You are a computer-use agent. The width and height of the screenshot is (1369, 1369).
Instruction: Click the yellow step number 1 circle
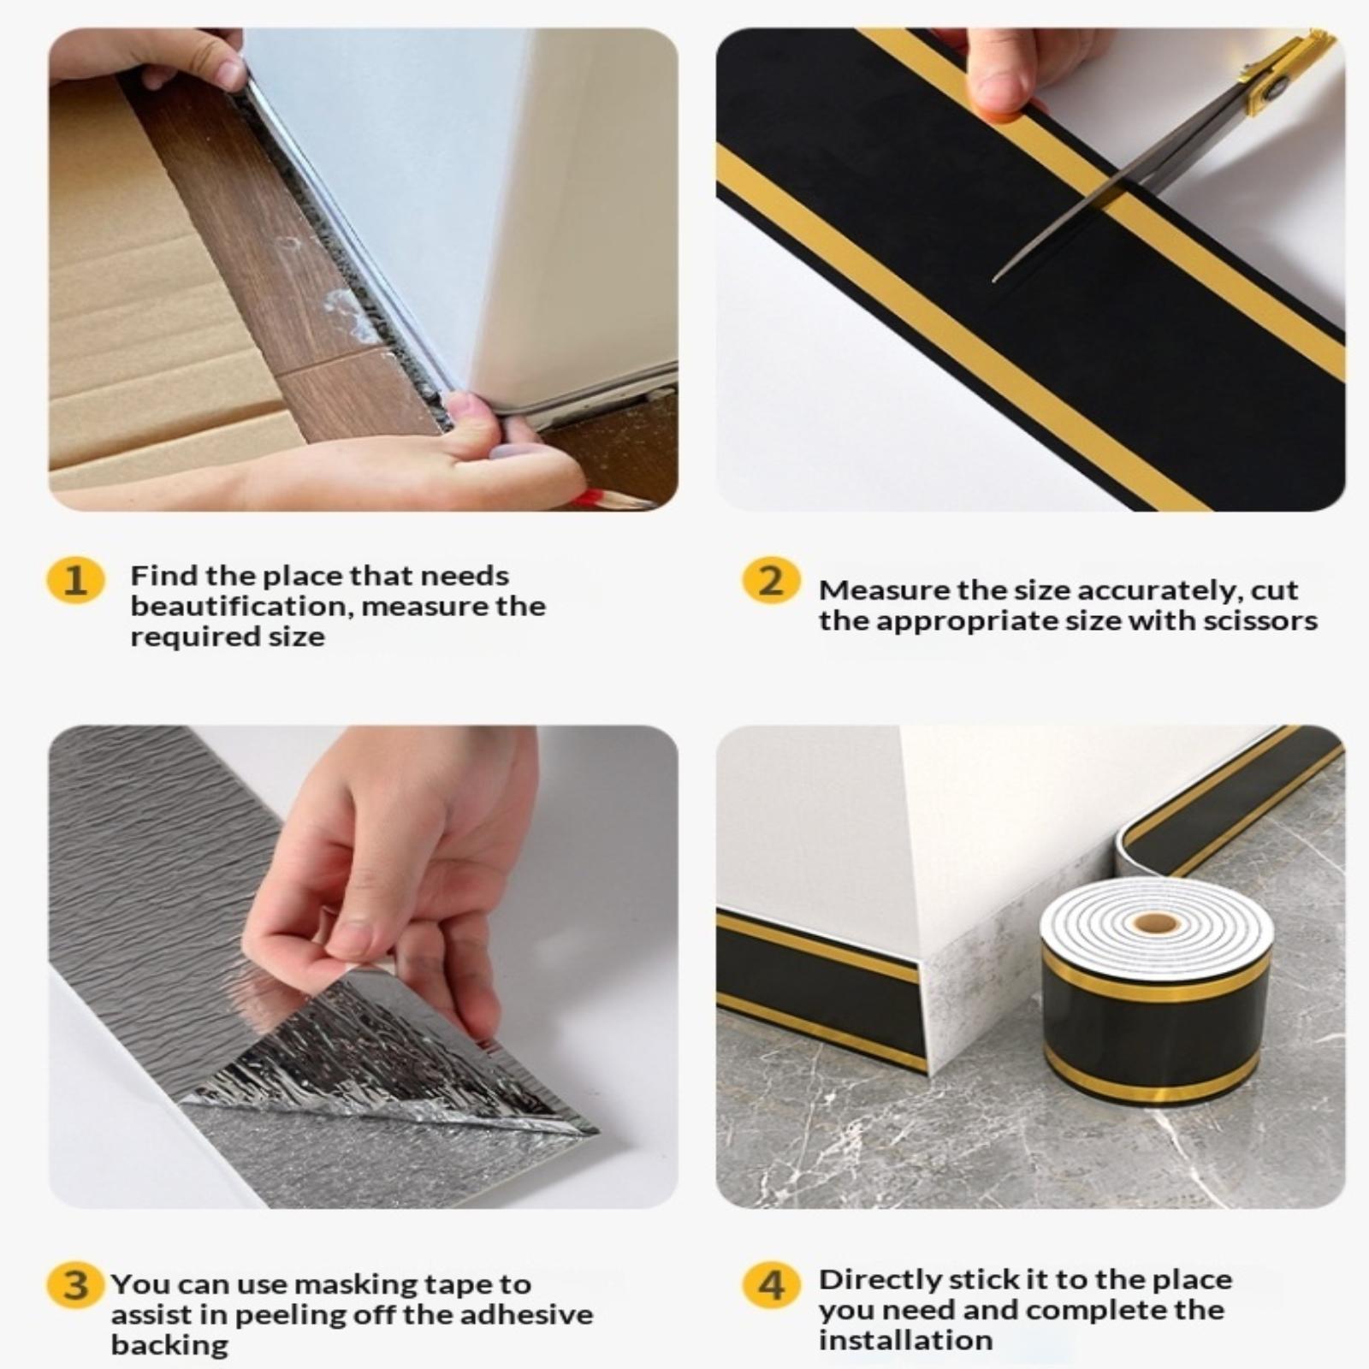click(x=75, y=581)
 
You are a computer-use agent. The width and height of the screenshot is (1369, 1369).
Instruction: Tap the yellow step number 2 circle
click(x=771, y=581)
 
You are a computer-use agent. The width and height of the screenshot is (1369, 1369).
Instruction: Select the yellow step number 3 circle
click(x=75, y=1286)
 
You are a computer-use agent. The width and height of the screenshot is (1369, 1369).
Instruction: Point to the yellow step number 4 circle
click(x=771, y=1286)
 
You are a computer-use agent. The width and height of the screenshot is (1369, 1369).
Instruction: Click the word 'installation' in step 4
click(x=905, y=1339)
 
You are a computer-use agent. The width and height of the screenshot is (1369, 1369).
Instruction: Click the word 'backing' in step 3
click(x=169, y=1345)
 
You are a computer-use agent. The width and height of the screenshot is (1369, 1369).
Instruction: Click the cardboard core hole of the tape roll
click(x=1154, y=923)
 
